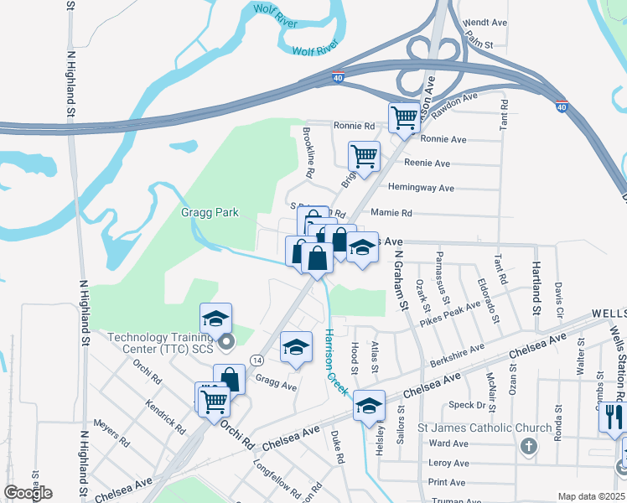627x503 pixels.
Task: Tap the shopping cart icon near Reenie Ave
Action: coord(364,155)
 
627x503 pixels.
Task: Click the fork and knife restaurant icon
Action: coord(614,414)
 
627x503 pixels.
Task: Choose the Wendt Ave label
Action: coord(485,22)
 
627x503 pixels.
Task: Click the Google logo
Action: coord(28,492)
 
